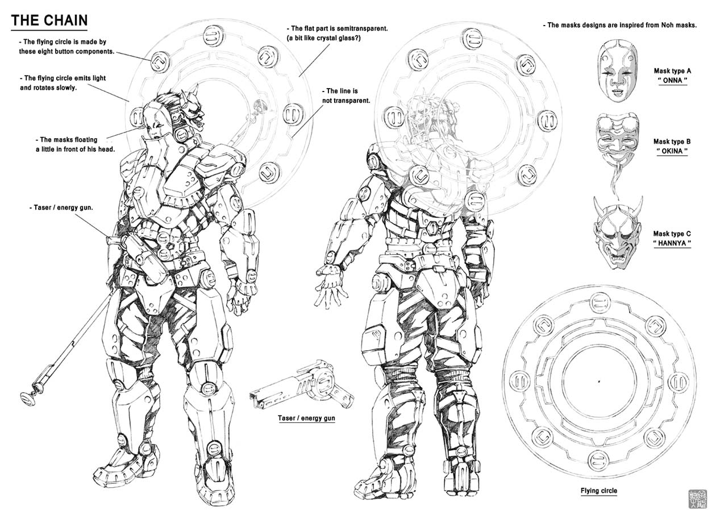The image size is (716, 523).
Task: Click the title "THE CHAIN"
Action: pos(49,20)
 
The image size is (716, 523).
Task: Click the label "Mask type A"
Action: pos(672,71)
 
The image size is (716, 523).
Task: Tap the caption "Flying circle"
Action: pos(598,491)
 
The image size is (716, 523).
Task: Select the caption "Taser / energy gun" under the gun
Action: pos(306,418)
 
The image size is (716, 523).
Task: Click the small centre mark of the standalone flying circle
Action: pos(600,380)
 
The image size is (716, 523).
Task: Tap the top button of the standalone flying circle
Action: pos(599,302)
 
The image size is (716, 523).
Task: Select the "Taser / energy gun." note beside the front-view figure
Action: pos(61,207)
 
